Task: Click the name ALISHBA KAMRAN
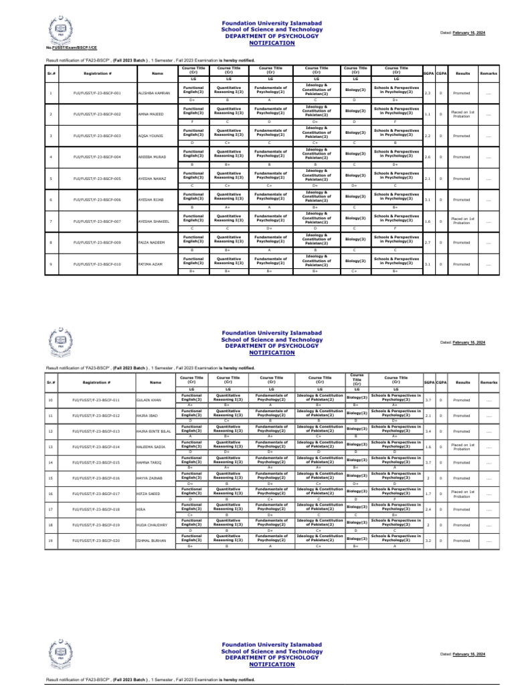(x=153, y=92)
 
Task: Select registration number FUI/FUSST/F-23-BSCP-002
(x=97, y=114)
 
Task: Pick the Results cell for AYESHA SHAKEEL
(x=462, y=221)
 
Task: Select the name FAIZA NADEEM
(x=150, y=243)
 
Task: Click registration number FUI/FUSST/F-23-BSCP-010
(x=97, y=264)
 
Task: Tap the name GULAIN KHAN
(x=149, y=400)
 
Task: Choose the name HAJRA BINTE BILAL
(x=154, y=431)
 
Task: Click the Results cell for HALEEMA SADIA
(x=462, y=447)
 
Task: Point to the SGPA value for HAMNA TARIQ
(x=428, y=462)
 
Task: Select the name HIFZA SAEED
(x=149, y=494)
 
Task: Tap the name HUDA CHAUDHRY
(x=151, y=525)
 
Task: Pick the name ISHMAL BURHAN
(x=151, y=541)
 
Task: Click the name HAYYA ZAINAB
(x=150, y=478)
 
